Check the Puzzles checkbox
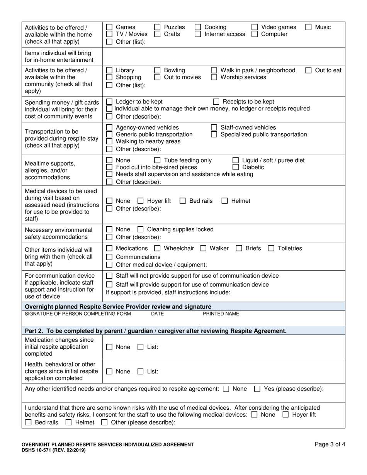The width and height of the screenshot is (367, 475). pyautogui.click(x=157, y=27)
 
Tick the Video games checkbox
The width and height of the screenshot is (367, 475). pyautogui.click(x=255, y=27)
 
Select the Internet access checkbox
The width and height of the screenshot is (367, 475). pyautogui.click(x=198, y=34)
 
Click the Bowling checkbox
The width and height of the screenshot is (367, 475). pyautogui.click(x=157, y=71)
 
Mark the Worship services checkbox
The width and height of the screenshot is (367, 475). pyautogui.click(x=214, y=78)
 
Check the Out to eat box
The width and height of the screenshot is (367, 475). pyautogui.click(x=309, y=71)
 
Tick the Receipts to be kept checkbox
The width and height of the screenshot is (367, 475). pyautogui.click(x=216, y=102)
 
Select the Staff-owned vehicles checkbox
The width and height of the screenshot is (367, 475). pyautogui.click(x=214, y=128)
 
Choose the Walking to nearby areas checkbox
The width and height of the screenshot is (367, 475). pyautogui.click(x=109, y=142)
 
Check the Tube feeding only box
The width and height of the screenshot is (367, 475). pyautogui.click(x=157, y=161)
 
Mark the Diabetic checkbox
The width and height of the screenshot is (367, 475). pyautogui.click(x=236, y=168)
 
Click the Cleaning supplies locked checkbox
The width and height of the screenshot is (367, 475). pyautogui.click(x=141, y=230)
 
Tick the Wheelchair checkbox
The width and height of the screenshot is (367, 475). pyautogui.click(x=157, y=249)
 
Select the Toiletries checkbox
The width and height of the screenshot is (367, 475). pyautogui.click(x=271, y=249)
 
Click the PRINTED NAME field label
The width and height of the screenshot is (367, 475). pyautogui.click(x=221, y=314)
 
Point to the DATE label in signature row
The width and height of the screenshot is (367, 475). pyautogui.click(x=157, y=314)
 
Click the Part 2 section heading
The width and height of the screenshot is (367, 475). pyautogui.click(x=156, y=331)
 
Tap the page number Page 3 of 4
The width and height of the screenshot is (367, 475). pyautogui.click(x=330, y=444)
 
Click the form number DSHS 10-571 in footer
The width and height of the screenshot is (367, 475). pyautogui.click(x=54, y=450)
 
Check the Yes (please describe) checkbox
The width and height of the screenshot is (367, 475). pyautogui.click(x=257, y=389)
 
